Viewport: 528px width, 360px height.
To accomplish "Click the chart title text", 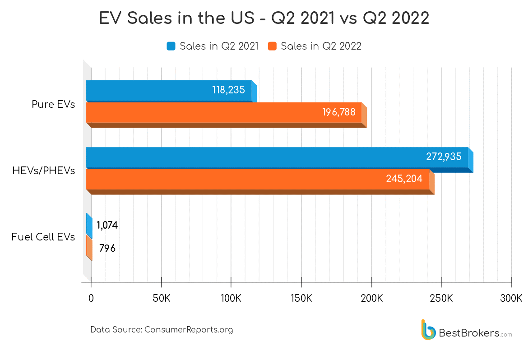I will click(x=264, y=19).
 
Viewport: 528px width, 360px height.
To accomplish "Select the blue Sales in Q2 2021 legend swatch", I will click(x=171, y=46).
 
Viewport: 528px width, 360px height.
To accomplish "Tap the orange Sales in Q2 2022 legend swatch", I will click(x=272, y=46).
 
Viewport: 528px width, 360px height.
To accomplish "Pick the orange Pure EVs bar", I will click(x=223, y=113).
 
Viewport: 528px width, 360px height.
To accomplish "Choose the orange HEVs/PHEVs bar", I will click(x=257, y=179).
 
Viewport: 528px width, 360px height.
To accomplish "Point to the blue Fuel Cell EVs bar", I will click(x=89, y=226).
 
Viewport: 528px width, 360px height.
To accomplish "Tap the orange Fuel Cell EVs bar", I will click(x=89, y=248).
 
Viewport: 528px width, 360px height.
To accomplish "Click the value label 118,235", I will click(x=228, y=90).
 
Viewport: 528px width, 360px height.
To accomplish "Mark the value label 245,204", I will click(x=404, y=179).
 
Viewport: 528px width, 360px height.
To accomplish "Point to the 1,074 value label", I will click(x=107, y=226).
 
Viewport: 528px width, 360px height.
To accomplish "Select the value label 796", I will click(x=107, y=248).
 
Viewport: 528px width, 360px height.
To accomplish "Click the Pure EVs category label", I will click(x=53, y=104).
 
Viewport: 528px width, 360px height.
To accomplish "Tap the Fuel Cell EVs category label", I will click(x=43, y=237).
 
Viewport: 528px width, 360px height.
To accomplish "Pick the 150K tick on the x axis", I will click(x=301, y=298).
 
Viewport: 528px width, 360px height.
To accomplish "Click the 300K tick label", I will click(x=511, y=298).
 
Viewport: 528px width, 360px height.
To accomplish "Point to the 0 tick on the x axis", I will click(x=91, y=298).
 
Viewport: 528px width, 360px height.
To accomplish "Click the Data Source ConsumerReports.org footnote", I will click(x=162, y=330).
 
